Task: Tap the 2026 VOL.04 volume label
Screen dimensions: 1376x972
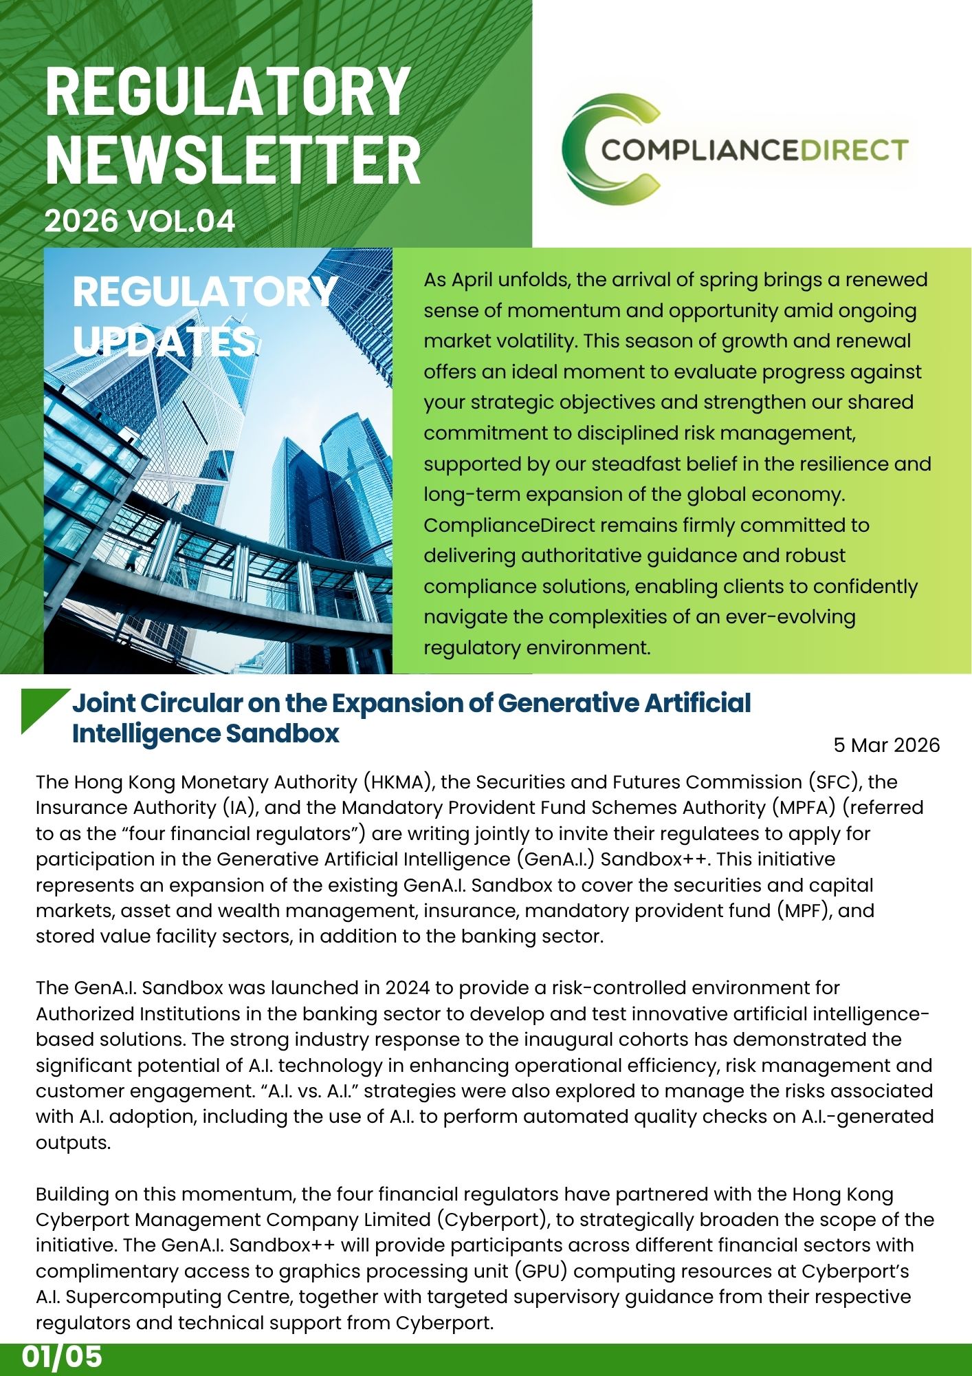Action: click(140, 221)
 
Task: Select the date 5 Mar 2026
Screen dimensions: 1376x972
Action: click(886, 745)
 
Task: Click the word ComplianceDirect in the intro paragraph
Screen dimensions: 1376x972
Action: click(509, 525)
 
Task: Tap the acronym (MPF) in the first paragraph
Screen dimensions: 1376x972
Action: click(803, 911)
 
